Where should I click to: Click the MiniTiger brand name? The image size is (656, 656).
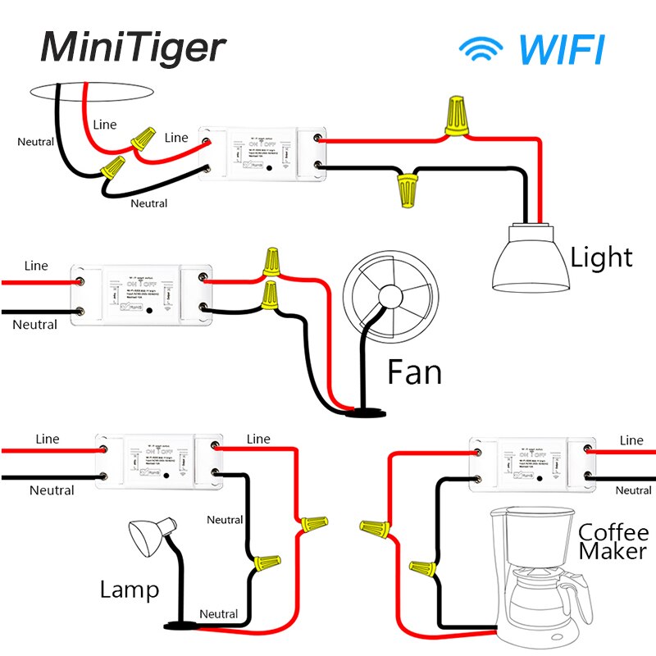(x=132, y=48)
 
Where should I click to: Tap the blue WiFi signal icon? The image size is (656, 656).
(x=482, y=50)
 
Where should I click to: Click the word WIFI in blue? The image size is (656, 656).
(x=563, y=49)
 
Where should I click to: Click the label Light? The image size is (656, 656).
(x=601, y=258)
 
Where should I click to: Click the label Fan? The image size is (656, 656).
(x=414, y=373)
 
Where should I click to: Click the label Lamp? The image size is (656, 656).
(x=130, y=589)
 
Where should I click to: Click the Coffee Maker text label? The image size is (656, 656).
(x=613, y=540)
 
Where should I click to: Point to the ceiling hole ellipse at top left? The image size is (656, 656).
(x=91, y=91)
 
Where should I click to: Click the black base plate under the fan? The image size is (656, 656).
(x=366, y=412)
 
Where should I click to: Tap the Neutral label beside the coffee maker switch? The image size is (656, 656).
(x=633, y=490)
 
